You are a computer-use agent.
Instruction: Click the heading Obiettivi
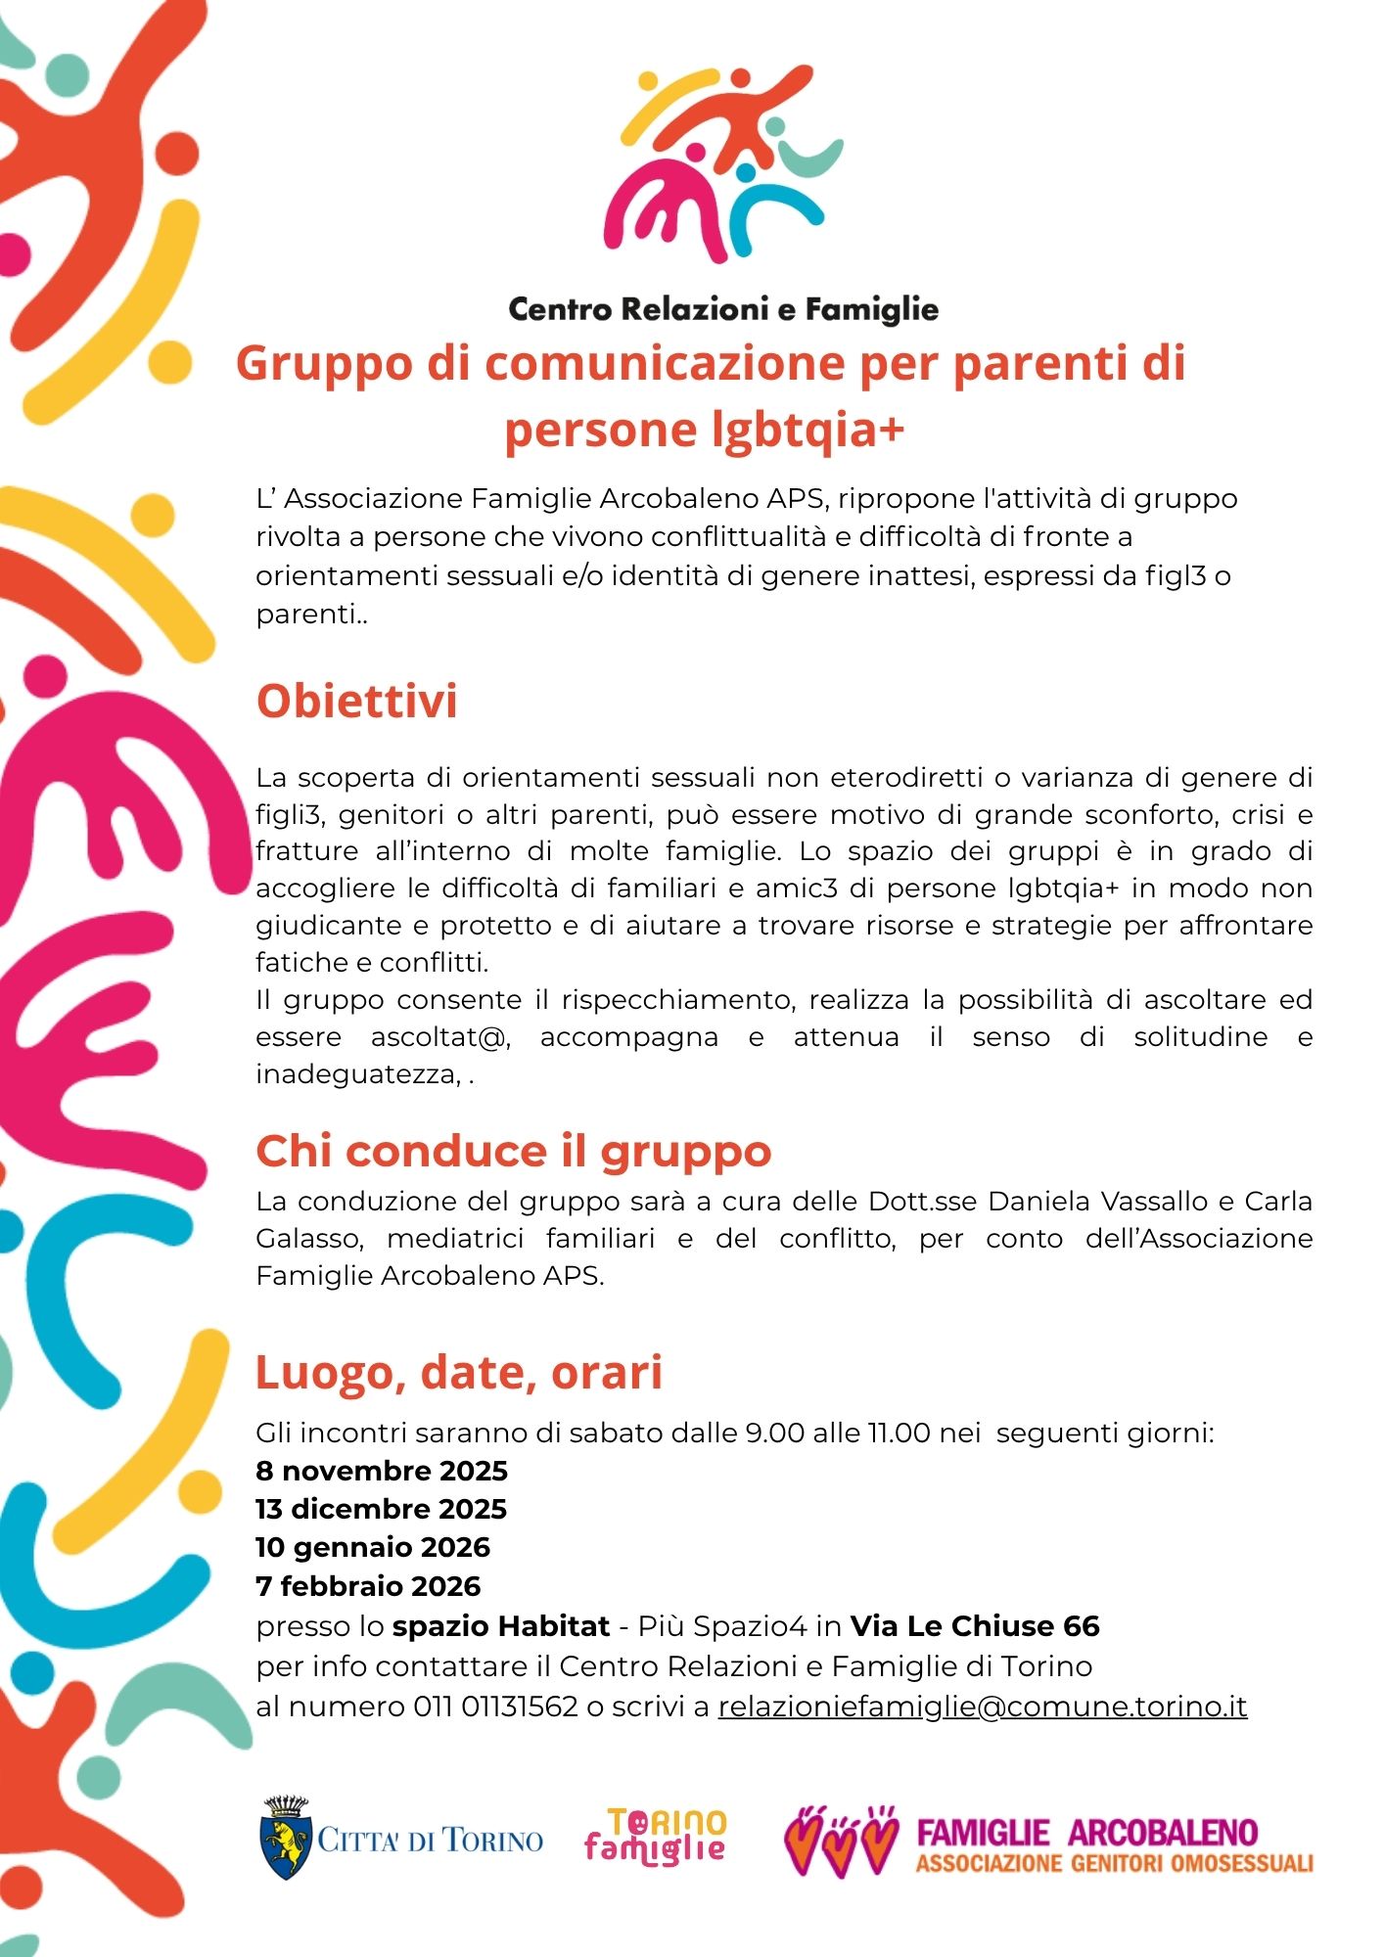point(356,702)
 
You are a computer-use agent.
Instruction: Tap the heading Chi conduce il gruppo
point(513,1151)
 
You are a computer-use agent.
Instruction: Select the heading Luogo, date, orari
point(458,1372)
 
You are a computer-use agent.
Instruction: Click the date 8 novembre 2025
point(382,1471)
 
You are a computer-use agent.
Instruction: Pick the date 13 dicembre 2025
point(381,1509)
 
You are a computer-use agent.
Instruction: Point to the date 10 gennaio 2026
point(373,1547)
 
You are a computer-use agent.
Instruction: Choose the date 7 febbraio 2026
point(368,1586)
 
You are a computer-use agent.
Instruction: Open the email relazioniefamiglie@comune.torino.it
point(982,1707)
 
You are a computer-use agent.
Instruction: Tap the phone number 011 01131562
point(495,1707)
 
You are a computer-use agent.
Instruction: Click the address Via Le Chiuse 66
point(974,1626)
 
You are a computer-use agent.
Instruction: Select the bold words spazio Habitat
point(501,1626)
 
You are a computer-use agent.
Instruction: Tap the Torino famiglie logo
point(656,1836)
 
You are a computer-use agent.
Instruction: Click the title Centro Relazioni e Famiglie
point(723,310)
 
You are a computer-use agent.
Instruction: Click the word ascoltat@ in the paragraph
point(440,1037)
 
